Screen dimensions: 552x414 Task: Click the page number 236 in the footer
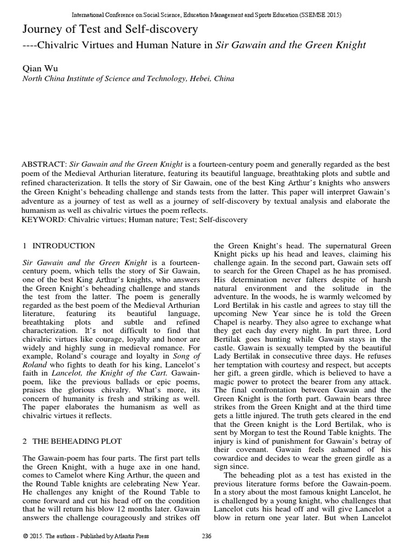coord(206,536)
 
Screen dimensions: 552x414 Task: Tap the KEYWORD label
coord(44,219)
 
